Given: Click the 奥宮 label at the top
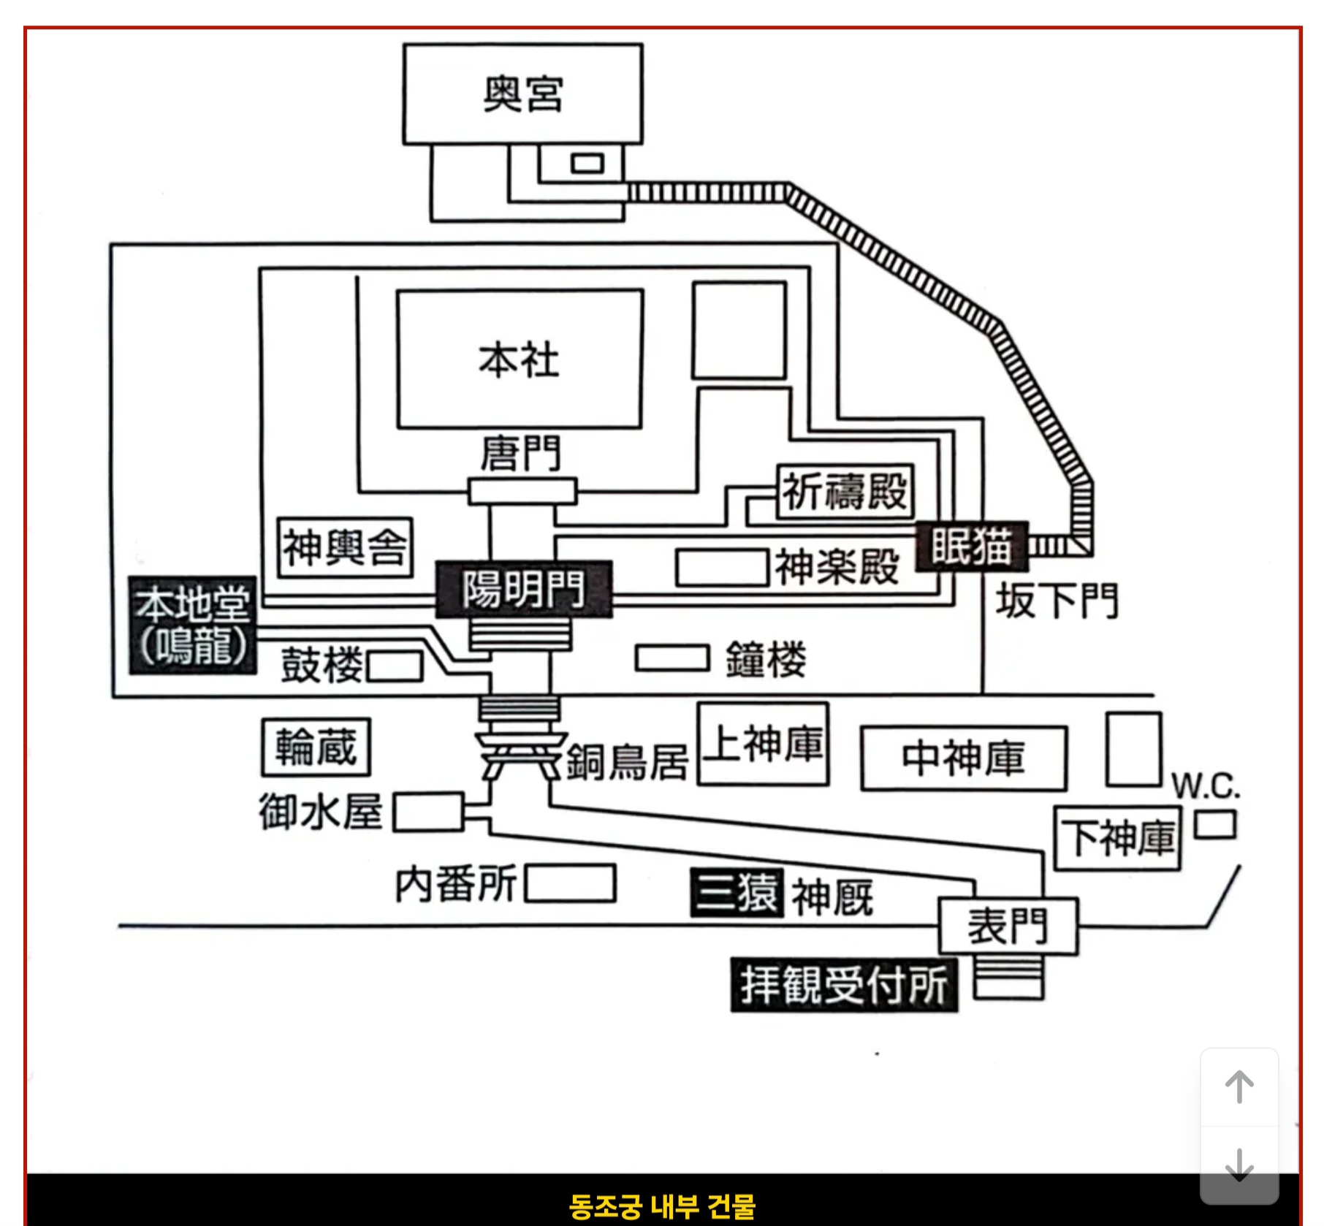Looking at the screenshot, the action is [523, 94].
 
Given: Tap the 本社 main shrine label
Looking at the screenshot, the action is [519, 360].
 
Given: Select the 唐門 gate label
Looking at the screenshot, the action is [521, 453].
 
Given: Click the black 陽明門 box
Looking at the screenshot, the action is [524, 589].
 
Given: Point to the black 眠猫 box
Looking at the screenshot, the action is [972, 546].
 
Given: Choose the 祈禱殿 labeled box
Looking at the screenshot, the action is [845, 491].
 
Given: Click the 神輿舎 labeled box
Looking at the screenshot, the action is [345, 547].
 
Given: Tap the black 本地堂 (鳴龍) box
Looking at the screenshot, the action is [193, 625].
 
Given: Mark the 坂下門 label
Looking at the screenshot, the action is [1057, 601].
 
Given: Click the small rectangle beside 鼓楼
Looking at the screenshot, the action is [395, 666].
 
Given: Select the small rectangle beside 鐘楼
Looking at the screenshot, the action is [672, 658].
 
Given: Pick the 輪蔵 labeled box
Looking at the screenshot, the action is [316, 747].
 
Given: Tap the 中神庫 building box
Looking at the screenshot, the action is [964, 758].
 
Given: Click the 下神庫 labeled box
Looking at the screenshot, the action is [1118, 838].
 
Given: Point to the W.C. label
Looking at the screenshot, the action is [1206, 785].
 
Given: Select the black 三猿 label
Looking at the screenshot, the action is [737, 892].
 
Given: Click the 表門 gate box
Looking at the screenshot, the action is [1008, 926].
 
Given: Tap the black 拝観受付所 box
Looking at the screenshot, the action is [844, 985].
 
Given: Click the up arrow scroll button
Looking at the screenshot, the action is [1239, 1087].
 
